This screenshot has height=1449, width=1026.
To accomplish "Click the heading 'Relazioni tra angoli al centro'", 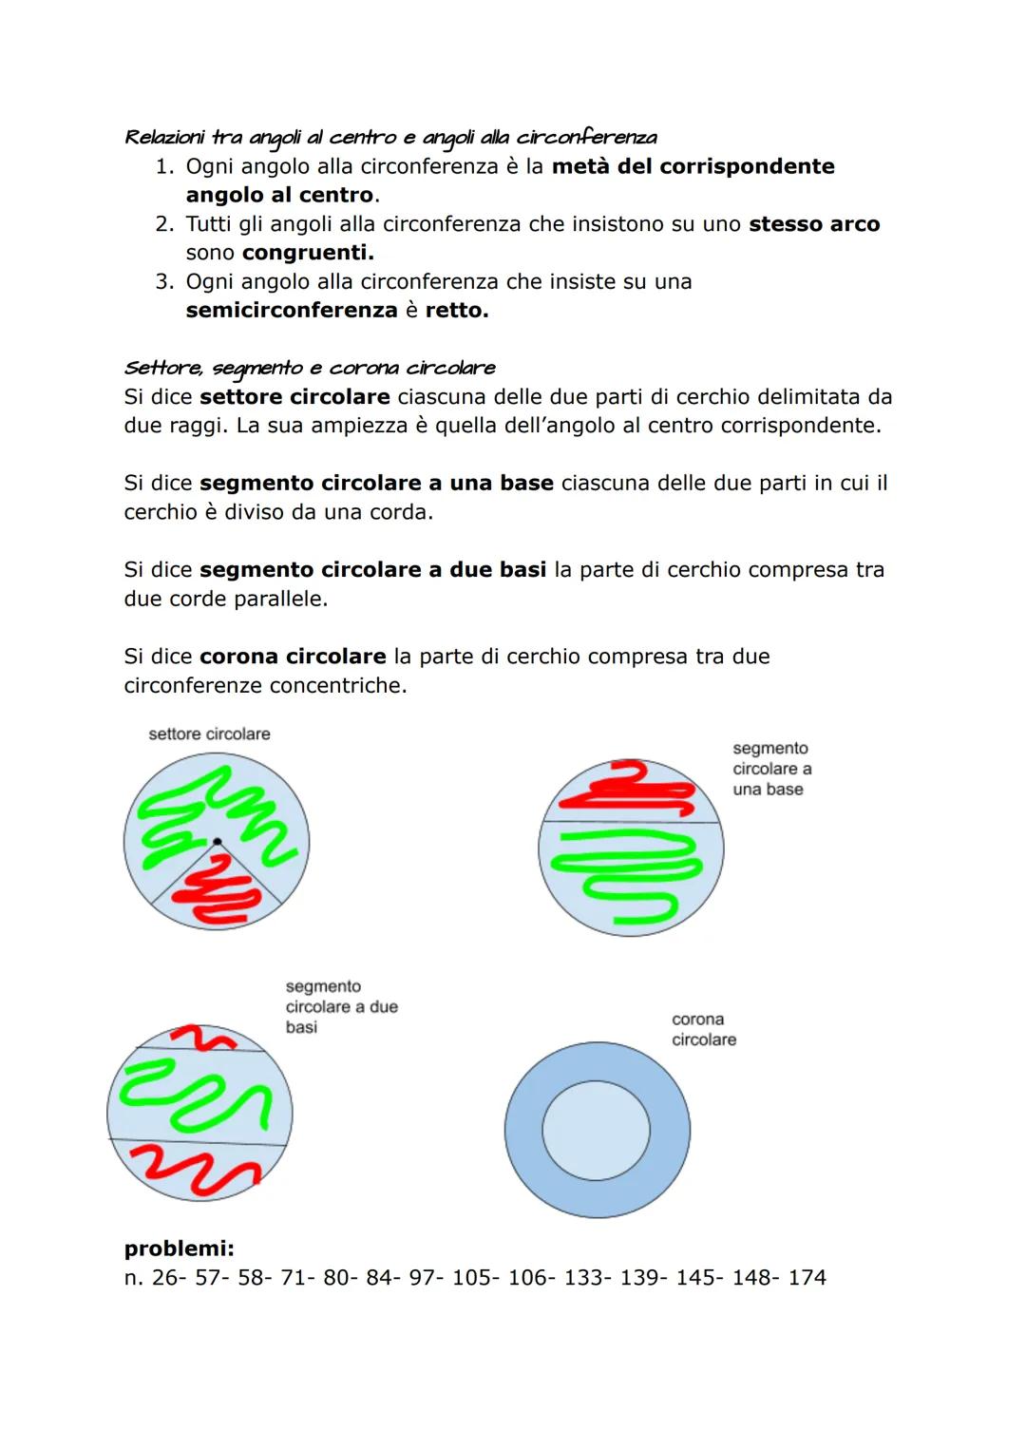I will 389,138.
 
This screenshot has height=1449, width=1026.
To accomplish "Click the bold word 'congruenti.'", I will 308,253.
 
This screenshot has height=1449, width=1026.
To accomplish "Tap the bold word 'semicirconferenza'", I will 292,311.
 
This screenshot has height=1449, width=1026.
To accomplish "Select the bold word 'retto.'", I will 457,311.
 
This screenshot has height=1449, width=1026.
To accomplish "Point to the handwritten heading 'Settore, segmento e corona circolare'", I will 310,368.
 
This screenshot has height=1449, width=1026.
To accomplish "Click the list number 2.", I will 164,224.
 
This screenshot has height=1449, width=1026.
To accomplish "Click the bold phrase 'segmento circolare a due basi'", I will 372,570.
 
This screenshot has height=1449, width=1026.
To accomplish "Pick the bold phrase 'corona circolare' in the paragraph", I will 293,657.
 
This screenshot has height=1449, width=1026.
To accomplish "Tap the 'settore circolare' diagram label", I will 209,734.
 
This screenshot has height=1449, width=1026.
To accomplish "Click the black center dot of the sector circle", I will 217,842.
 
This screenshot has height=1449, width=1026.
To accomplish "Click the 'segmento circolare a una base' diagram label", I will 771,769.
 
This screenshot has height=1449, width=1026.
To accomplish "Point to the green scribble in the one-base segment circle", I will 627,874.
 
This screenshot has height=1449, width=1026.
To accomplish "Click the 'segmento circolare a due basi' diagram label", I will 341,1007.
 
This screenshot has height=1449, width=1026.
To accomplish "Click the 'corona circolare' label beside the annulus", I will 703,1030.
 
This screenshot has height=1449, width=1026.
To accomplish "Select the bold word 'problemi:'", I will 179,1249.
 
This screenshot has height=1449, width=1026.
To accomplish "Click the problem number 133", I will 581,1278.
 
